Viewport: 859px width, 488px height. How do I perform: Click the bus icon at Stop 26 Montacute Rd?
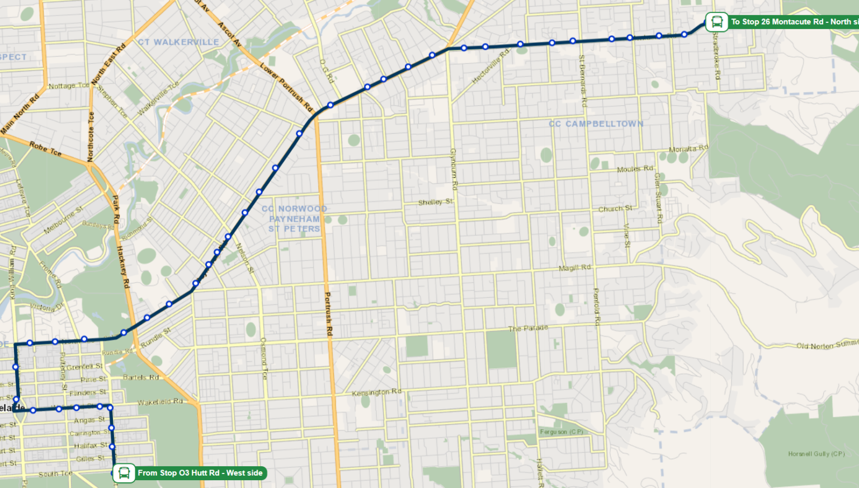point(716,22)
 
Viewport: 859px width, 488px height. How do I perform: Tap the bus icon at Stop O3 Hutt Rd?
point(124,473)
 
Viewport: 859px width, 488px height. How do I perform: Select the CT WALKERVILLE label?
point(178,42)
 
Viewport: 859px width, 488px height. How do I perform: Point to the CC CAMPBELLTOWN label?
point(596,124)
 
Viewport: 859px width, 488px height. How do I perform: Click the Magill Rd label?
point(574,268)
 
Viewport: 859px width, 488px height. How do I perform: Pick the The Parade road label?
point(528,329)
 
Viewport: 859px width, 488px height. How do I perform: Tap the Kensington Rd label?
point(376,392)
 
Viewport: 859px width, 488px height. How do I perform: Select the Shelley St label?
point(435,202)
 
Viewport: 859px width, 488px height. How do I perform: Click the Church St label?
point(615,209)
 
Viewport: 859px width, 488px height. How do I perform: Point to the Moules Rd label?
point(635,169)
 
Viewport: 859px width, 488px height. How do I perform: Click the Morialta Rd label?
point(688,149)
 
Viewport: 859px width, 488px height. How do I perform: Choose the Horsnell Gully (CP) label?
point(816,454)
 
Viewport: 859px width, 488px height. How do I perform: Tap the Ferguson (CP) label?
point(561,431)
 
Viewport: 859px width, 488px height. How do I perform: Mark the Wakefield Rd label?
point(160,402)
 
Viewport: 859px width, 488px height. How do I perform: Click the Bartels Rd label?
point(141,377)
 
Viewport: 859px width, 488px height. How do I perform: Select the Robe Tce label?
point(45,148)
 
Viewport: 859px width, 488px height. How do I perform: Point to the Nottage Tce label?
point(69,86)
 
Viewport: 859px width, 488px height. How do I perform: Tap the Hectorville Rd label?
point(490,67)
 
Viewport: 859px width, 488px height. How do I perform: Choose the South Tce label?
point(55,474)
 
